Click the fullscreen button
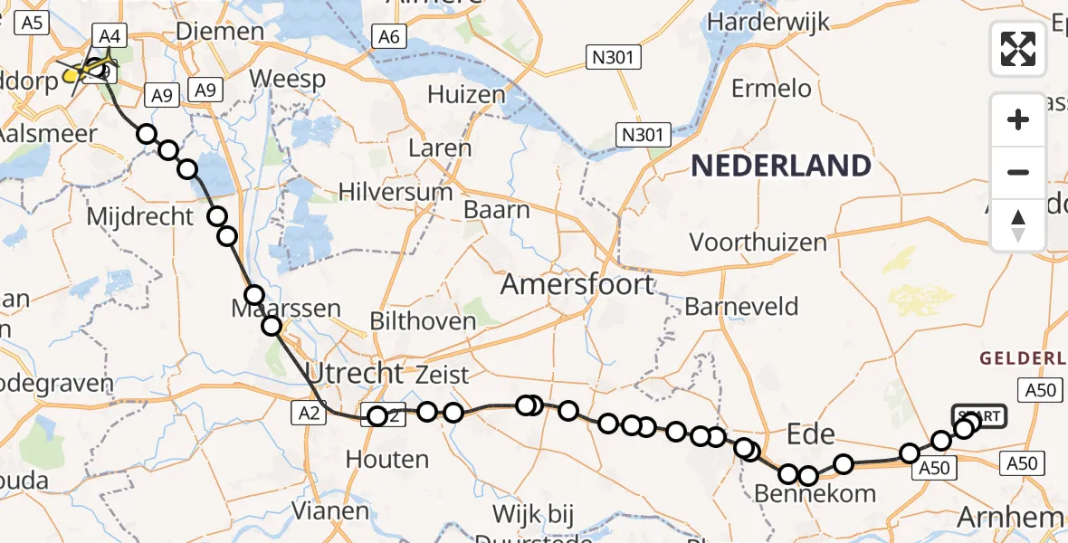1018,48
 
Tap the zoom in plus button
1018,119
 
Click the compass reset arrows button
1018,225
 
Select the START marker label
978,416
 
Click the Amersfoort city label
577,284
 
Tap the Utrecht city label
354,372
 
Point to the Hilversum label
396,192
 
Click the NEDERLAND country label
781,166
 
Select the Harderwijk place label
769,22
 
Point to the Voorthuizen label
758,243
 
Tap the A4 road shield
109,36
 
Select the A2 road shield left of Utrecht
307,413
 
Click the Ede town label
811,434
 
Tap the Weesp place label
287,79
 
